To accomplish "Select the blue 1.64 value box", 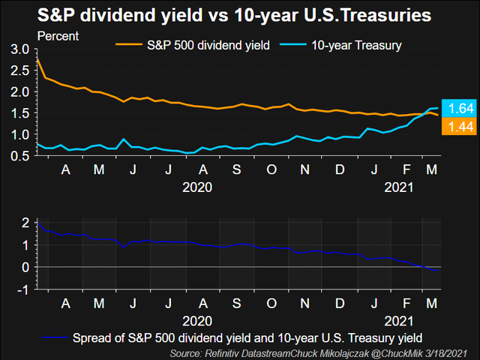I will [x=456, y=108].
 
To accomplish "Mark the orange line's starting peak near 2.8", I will [x=37, y=59].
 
